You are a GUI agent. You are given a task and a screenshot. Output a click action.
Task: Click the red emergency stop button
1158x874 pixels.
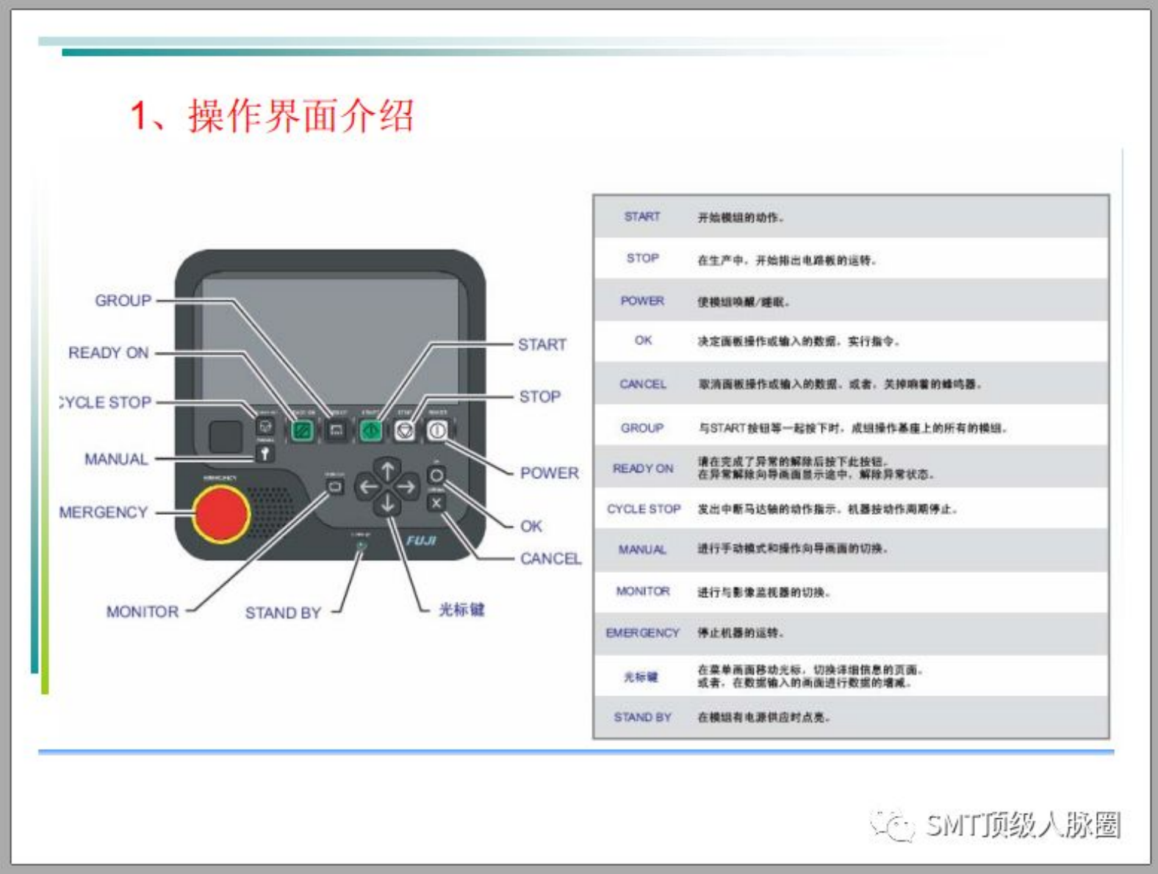(x=221, y=513)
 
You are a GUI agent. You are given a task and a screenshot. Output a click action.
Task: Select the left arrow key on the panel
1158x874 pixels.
(x=367, y=486)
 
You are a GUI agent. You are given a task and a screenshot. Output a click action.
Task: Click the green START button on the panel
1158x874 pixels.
(x=370, y=430)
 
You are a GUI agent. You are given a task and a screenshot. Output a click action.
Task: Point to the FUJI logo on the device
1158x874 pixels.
(x=421, y=541)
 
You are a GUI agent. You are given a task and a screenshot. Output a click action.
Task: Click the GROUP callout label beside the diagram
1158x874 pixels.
(x=123, y=300)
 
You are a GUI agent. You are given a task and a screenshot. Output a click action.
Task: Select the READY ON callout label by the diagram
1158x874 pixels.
(x=109, y=353)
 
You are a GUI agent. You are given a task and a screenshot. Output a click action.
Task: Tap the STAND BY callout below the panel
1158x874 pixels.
(x=283, y=613)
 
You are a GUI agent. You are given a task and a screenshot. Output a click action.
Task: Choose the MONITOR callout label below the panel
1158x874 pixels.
(x=143, y=612)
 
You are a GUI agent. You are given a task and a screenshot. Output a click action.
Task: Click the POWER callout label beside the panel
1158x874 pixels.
(x=549, y=473)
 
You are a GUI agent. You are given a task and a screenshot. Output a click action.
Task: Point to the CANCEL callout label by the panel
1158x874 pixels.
(x=550, y=559)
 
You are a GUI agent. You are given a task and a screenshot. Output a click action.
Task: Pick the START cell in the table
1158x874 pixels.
(x=642, y=217)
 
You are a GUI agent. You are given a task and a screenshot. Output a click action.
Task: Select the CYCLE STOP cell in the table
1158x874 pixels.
(x=644, y=509)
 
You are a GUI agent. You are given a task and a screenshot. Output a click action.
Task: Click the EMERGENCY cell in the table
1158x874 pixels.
(x=642, y=632)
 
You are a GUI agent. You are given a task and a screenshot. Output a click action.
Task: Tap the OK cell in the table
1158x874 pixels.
(x=643, y=340)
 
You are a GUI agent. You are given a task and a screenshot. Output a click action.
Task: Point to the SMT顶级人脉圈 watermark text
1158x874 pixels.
(x=1022, y=825)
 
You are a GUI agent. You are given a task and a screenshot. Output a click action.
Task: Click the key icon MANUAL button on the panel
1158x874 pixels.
(x=265, y=454)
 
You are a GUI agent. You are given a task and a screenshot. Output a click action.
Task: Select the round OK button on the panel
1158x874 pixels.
(x=436, y=475)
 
